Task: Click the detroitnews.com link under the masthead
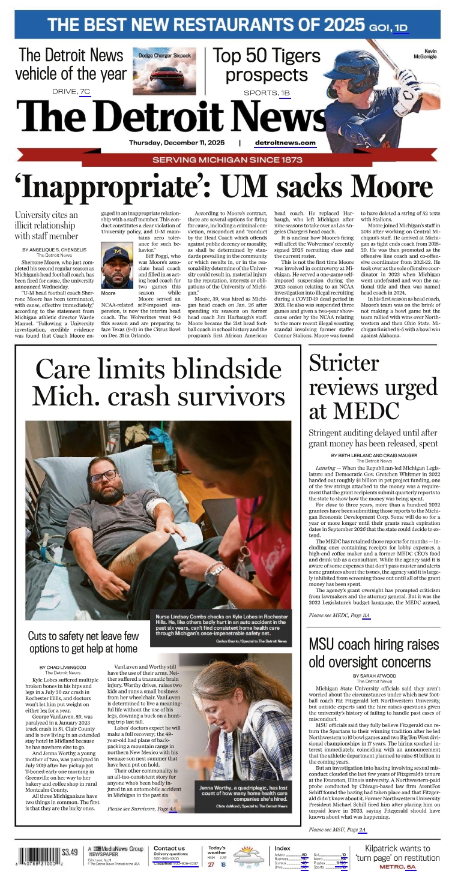point(285,143)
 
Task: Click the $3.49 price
point(70,852)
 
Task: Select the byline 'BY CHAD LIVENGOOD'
point(63,667)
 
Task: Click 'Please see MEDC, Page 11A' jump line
point(339,615)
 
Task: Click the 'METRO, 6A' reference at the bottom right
point(397,866)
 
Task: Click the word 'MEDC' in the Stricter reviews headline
point(367,412)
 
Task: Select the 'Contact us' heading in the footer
point(169,848)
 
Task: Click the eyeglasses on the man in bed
point(103,476)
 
